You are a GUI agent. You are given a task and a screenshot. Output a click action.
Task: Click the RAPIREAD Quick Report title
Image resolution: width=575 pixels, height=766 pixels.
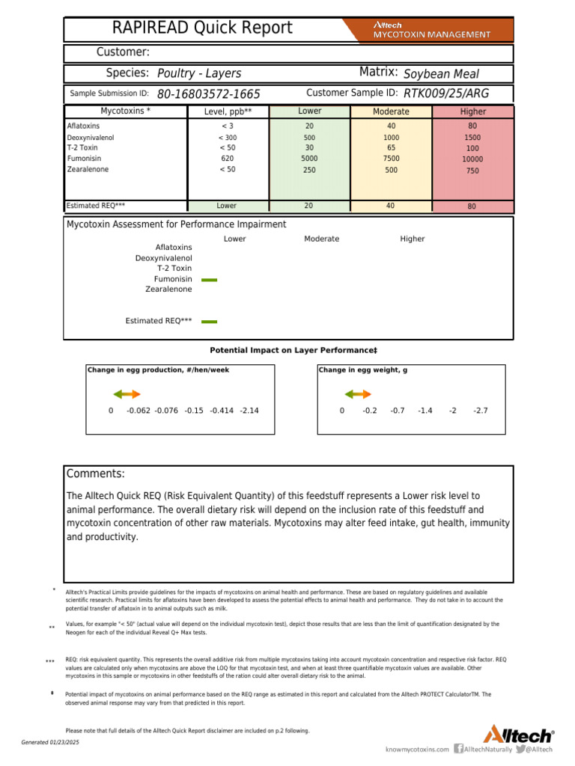(202, 28)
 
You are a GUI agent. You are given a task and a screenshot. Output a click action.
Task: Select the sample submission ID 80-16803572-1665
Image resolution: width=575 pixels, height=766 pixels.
(209, 94)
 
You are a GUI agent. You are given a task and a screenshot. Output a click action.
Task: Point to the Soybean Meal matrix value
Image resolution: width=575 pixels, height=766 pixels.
(441, 74)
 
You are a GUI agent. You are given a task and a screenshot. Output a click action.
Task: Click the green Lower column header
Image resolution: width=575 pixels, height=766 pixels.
(309, 111)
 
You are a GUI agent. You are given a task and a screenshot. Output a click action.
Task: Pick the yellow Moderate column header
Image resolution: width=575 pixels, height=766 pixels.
(391, 111)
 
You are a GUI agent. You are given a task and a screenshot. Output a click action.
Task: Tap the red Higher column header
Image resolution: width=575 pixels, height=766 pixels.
(472, 111)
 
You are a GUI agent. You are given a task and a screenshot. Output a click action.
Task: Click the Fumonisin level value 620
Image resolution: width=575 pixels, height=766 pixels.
(228, 159)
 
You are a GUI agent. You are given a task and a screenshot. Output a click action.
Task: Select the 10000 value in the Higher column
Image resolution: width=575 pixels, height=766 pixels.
(472, 159)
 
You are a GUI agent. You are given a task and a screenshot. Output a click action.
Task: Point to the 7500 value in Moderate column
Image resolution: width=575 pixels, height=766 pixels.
(392, 159)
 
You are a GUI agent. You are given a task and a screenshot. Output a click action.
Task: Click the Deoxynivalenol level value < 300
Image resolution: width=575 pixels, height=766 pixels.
(228, 138)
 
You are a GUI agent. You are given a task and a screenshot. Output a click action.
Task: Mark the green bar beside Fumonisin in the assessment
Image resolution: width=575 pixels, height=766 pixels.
(210, 279)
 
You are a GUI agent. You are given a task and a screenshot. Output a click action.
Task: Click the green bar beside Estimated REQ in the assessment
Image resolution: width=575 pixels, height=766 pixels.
(210, 321)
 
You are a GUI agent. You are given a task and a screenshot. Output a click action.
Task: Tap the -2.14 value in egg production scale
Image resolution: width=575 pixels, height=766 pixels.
(249, 411)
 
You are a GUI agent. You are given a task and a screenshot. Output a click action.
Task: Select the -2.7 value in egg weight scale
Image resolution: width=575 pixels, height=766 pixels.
(481, 411)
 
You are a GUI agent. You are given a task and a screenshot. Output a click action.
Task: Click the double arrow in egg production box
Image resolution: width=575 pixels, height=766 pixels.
(127, 394)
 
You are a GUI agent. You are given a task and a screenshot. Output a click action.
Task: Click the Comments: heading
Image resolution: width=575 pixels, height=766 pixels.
(96, 474)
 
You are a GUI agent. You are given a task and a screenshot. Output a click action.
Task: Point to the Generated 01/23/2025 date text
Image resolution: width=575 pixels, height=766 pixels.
(50, 741)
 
